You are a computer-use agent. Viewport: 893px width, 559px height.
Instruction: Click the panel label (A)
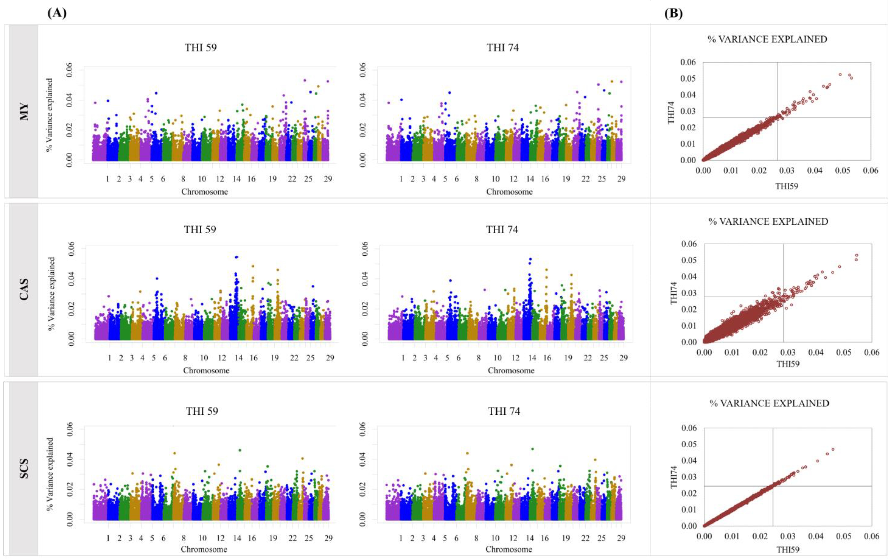coord(57,13)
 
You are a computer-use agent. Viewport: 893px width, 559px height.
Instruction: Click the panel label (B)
coord(673,13)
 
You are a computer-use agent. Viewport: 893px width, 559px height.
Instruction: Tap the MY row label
coord(24,111)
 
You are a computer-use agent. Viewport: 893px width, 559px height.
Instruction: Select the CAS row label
coord(24,289)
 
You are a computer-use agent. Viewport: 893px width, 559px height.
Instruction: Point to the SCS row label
coord(24,469)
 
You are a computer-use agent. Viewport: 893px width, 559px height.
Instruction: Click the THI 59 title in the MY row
coord(201,48)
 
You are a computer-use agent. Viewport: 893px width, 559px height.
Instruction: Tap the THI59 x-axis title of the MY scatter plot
coord(787,186)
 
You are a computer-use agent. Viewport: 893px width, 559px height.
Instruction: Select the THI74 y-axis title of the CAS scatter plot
coord(673,293)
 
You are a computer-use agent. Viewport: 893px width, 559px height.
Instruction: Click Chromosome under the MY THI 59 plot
coord(204,191)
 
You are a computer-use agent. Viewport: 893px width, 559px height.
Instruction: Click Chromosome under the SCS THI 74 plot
coord(509,549)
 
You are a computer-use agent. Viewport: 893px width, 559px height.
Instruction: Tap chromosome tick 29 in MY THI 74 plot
coord(621,179)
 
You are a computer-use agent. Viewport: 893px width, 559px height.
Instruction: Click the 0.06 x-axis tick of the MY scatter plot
coord(870,170)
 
